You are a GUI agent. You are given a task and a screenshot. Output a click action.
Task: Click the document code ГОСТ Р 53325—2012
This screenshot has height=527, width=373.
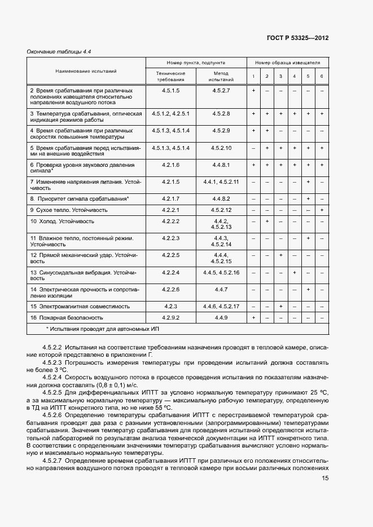[297, 38]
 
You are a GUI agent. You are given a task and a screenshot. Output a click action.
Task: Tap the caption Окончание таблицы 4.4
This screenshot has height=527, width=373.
[59, 52]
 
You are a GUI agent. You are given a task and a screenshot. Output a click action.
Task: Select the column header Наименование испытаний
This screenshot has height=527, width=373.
[86, 72]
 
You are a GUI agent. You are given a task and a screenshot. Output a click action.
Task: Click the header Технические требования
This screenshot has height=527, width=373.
[170, 77]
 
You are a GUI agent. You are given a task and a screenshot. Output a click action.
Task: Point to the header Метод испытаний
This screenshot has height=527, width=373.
[221, 77]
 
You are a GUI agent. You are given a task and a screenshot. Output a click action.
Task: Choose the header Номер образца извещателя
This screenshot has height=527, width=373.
[287, 64]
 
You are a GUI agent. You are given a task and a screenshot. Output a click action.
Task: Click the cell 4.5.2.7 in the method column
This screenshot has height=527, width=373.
[221, 91]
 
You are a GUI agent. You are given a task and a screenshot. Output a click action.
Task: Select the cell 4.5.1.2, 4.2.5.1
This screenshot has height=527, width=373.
[170, 114]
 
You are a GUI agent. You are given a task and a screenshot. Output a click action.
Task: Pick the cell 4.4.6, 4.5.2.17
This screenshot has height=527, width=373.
[221, 306]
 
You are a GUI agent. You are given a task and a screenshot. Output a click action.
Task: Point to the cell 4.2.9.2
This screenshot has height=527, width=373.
[170, 318]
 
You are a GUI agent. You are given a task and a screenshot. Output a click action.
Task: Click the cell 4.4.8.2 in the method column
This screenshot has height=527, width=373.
[221, 198]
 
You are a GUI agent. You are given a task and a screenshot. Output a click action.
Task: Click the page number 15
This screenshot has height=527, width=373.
[325, 478]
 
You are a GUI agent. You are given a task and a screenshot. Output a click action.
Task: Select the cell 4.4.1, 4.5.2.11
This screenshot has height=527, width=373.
[221, 182]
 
